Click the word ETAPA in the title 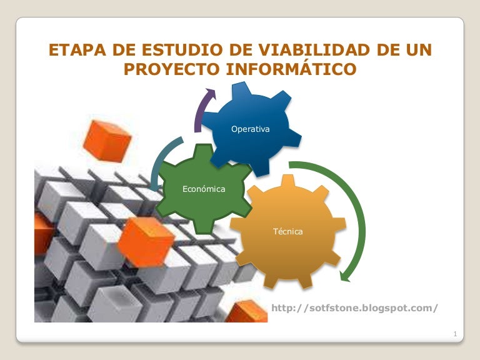[x=77, y=50]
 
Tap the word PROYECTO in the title [x=171, y=69]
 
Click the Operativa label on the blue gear [x=251, y=129]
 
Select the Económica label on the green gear [x=204, y=189]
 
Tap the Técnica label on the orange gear [x=287, y=231]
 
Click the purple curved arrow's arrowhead [x=211, y=93]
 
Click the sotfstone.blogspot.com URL [x=354, y=308]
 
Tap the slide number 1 [x=455, y=334]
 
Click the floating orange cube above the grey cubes [x=107, y=141]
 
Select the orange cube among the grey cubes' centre [x=146, y=242]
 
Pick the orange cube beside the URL [x=247, y=312]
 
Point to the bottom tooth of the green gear [x=204, y=226]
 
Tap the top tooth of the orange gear [x=287, y=181]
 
